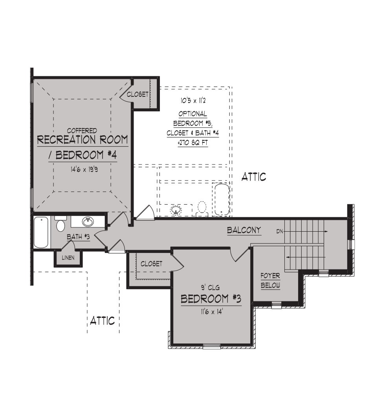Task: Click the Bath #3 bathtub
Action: tap(41, 232)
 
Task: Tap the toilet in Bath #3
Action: tap(60, 223)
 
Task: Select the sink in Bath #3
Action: tap(88, 221)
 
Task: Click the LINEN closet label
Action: tap(68, 258)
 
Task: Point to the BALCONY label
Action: tap(244, 230)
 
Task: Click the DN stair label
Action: tap(280, 231)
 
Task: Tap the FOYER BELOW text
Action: tap(270, 280)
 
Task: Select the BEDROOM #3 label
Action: tap(211, 299)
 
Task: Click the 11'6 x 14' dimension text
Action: tap(211, 312)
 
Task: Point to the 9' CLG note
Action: tap(210, 288)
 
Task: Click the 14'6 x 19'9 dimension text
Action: tap(84, 169)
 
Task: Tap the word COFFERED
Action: tap(82, 131)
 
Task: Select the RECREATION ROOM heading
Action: tap(82, 140)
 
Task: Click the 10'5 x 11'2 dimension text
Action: tap(193, 101)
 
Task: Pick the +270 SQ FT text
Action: tap(193, 143)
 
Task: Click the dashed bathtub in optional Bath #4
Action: tap(222, 199)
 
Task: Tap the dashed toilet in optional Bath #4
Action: tap(202, 208)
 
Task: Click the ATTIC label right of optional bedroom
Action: tap(254, 177)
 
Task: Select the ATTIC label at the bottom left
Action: tap(103, 321)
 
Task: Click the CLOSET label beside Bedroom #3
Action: tap(151, 264)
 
